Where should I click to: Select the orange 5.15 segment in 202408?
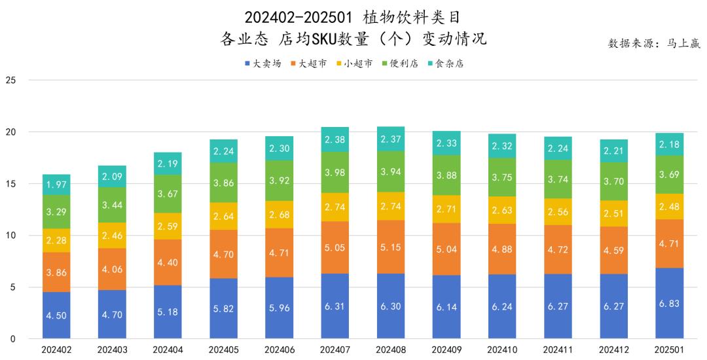click(391, 247)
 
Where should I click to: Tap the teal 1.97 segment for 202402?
click(57, 185)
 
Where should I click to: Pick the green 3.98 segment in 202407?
click(335, 172)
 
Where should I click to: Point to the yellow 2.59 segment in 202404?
click(168, 226)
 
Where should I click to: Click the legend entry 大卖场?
click(263, 63)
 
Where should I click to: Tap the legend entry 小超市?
click(354, 63)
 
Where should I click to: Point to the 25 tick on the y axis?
click(10, 81)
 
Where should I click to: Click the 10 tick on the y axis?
click(10, 236)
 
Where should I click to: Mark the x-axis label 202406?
click(280, 351)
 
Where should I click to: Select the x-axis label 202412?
click(615, 351)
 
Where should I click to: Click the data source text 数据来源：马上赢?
click(654, 43)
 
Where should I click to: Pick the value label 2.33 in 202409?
click(447, 143)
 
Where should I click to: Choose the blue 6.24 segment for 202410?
click(503, 306)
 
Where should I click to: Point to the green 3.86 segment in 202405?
click(224, 183)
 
